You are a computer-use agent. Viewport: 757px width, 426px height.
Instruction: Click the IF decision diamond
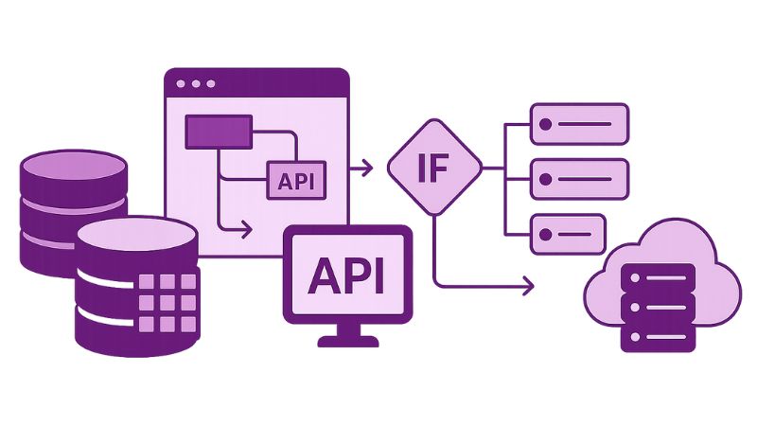click(434, 169)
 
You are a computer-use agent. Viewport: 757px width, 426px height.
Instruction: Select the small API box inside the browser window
click(296, 181)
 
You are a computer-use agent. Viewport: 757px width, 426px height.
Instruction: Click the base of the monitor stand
click(347, 337)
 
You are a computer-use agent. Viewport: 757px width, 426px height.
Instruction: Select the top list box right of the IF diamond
click(579, 123)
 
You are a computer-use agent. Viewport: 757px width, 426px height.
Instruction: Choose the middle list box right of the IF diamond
click(579, 178)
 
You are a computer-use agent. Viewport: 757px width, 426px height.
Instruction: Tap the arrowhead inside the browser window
click(247, 228)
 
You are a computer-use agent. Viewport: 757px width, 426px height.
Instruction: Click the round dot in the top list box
click(546, 123)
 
